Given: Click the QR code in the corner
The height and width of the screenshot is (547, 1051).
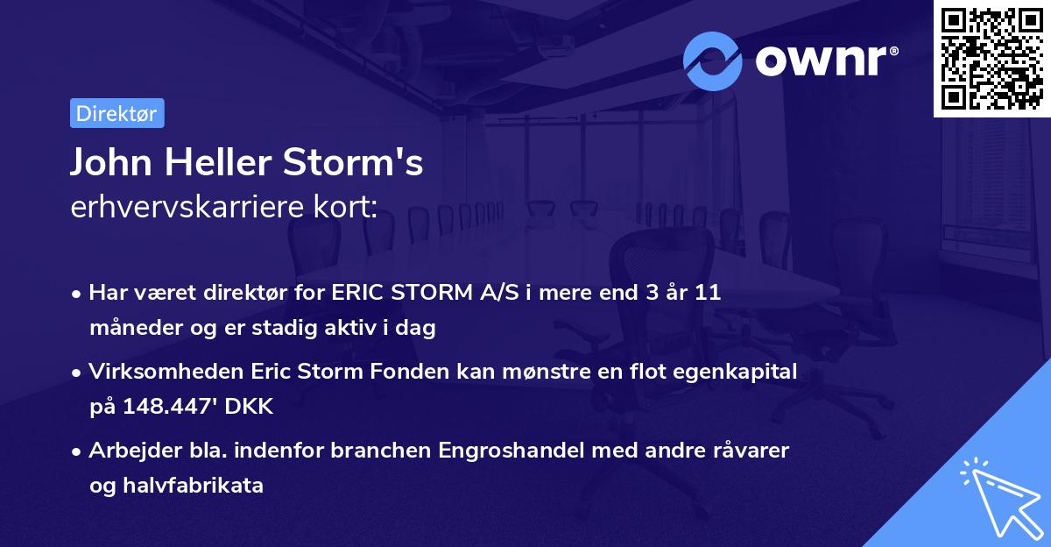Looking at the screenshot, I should (992, 59).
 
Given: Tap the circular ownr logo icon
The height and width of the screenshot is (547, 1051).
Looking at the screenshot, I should (713, 60).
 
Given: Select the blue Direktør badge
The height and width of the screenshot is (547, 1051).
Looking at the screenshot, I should (116, 113).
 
